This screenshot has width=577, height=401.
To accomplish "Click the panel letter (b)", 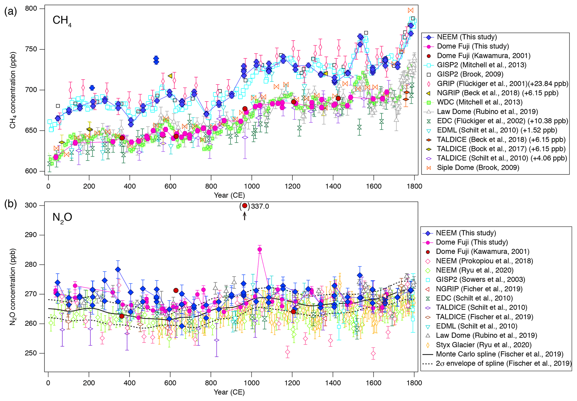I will click(11, 204).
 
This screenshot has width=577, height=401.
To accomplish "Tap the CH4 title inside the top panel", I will click(62, 21).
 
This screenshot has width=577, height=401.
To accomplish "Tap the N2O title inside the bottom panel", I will click(62, 217).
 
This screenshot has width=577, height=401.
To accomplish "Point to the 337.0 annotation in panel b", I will click(260, 206).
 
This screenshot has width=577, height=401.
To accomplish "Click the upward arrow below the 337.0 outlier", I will click(245, 216).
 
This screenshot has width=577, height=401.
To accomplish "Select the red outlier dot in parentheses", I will click(245, 206).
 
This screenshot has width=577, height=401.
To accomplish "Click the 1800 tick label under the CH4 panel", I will click(414, 186).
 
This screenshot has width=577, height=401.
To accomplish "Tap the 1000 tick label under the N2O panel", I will click(252, 383).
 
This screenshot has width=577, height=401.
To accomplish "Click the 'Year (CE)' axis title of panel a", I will click(229, 195).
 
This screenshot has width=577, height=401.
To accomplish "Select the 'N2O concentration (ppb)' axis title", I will click(13, 287).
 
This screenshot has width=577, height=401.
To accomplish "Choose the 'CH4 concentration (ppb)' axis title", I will click(13, 90).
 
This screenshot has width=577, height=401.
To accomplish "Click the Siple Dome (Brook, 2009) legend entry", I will click(478, 168).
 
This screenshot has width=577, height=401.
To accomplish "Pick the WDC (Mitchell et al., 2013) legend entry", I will click(480, 102).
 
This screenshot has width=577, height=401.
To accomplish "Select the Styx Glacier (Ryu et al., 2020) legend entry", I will click(483, 345).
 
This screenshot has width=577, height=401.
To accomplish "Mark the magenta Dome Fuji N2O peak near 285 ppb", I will click(260, 249).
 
